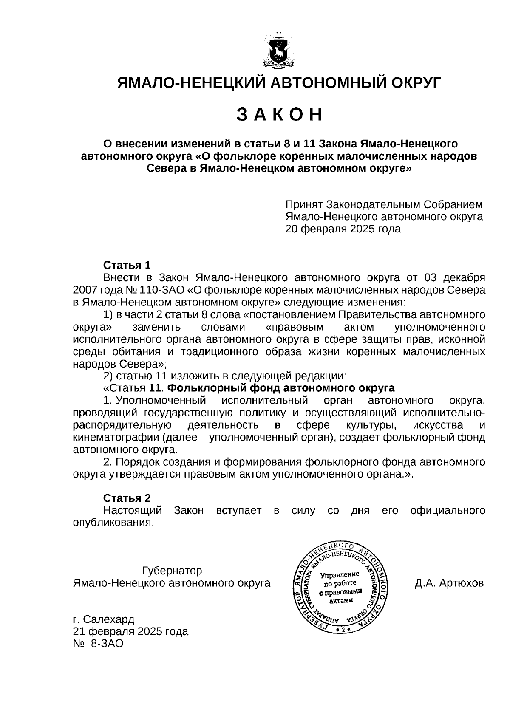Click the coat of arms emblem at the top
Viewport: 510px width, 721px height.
[279, 50]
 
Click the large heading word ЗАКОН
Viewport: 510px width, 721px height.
[279, 115]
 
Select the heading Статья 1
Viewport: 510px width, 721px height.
[127, 266]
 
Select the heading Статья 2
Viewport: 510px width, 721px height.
[127, 498]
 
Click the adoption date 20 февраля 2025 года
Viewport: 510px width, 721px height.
[343, 229]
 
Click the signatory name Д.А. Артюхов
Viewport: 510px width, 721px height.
[449, 583]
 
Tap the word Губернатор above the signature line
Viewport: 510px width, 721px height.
[172, 571]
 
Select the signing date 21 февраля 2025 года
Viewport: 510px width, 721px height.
[130, 631]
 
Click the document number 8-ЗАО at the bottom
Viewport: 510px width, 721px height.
[106, 644]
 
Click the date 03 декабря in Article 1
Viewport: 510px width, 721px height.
[454, 278]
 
